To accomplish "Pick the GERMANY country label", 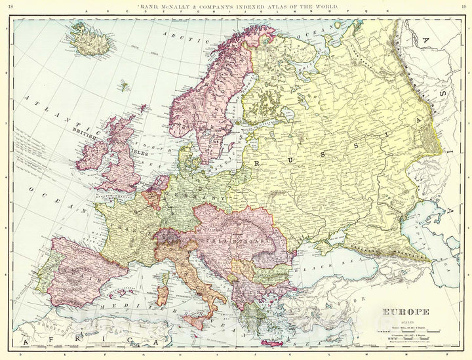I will pyautogui.click(x=204, y=197).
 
